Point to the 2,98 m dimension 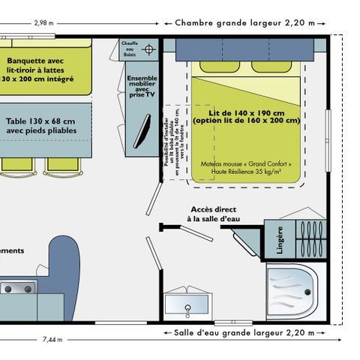(x=43, y=22)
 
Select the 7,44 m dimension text (x=52, y=339)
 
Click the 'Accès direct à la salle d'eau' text (x=213, y=214)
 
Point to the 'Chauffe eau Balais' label (x=130, y=49)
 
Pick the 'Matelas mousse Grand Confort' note (x=247, y=166)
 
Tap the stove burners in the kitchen (x=16, y=287)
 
